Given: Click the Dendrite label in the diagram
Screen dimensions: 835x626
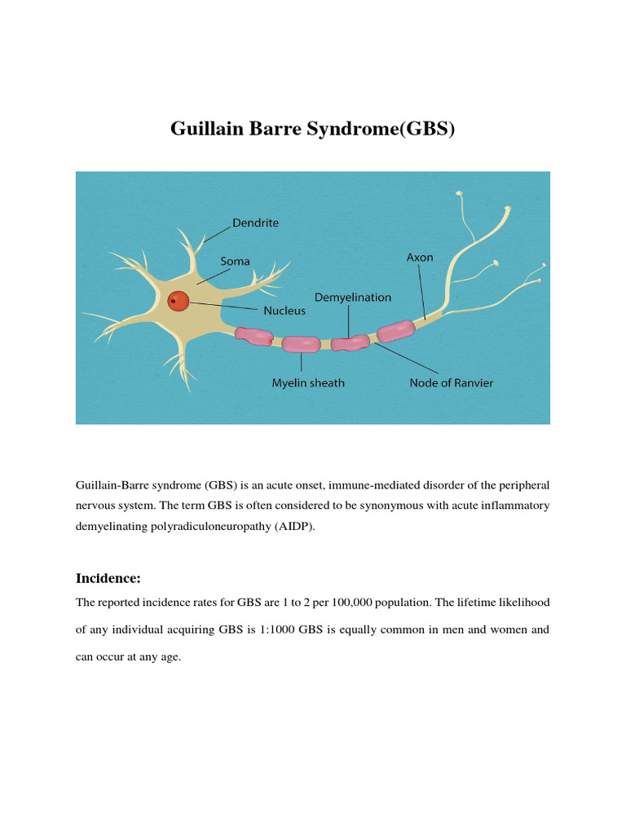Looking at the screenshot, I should tap(255, 222).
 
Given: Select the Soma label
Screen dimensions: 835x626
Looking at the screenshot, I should tap(236, 261).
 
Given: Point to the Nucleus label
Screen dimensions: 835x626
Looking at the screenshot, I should tap(284, 310).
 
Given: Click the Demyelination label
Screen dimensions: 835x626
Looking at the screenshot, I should tap(353, 297).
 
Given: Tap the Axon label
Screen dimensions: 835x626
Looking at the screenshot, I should tap(420, 257).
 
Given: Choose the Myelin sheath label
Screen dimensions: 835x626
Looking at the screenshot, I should tap(308, 382).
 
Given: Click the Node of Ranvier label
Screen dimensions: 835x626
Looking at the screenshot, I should tap(451, 382).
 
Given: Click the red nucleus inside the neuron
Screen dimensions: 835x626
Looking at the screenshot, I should tap(178, 302).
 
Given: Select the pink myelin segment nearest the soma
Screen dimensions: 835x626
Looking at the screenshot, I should tap(253, 335).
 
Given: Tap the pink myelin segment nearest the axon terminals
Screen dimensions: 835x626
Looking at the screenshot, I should tap(395, 330).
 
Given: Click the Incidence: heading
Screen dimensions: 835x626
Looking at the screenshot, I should tap(108, 578).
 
